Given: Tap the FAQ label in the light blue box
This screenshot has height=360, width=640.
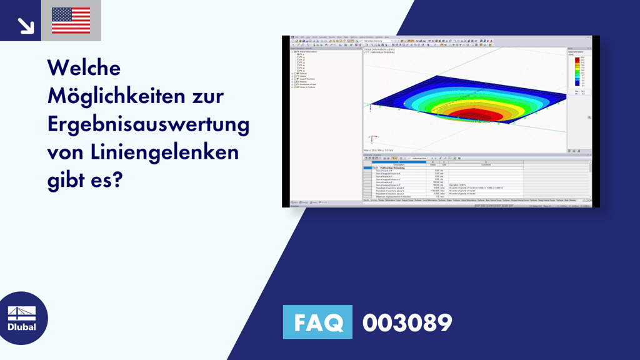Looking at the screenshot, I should click(x=317, y=323).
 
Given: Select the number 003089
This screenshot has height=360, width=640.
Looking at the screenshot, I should click(x=407, y=323).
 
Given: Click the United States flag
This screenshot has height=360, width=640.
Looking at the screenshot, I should click(x=71, y=21).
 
